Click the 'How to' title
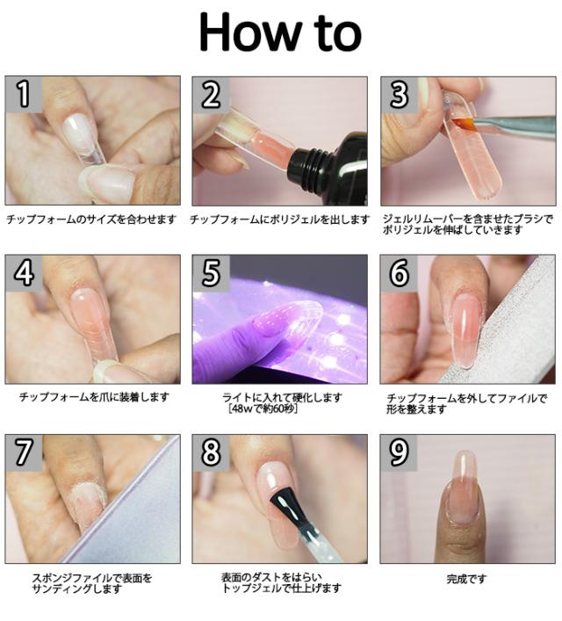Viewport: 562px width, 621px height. (x=280, y=32)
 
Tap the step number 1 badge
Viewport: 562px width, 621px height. (x=24, y=94)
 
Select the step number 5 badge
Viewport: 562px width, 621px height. (x=211, y=272)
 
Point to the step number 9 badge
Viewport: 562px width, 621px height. (x=399, y=452)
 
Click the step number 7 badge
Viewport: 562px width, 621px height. (x=24, y=452)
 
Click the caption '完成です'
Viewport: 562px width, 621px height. (x=466, y=579)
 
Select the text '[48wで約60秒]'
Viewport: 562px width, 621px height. (x=263, y=408)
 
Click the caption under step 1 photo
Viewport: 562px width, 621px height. (x=91, y=219)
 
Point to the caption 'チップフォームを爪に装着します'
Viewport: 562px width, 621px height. (x=94, y=397)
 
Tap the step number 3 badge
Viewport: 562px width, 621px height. (x=399, y=95)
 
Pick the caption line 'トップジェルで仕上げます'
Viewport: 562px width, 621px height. (x=282, y=589)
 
